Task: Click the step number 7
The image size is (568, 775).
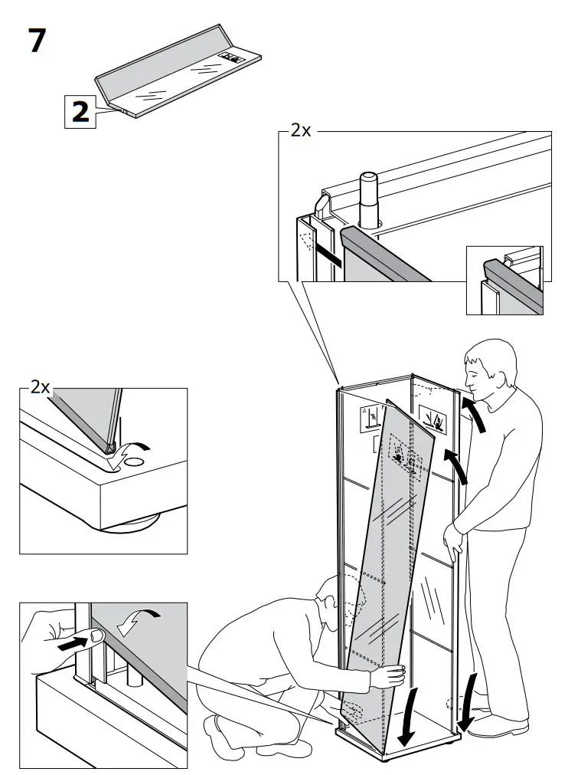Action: click(x=37, y=40)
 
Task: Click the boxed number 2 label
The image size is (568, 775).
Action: click(x=80, y=112)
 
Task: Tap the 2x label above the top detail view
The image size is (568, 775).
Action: click(x=301, y=130)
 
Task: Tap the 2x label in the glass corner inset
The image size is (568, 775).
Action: click(x=40, y=387)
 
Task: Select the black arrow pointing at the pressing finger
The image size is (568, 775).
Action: click(x=70, y=645)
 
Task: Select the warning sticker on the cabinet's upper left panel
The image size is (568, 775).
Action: click(x=371, y=419)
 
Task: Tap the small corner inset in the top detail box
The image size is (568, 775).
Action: click(x=504, y=281)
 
